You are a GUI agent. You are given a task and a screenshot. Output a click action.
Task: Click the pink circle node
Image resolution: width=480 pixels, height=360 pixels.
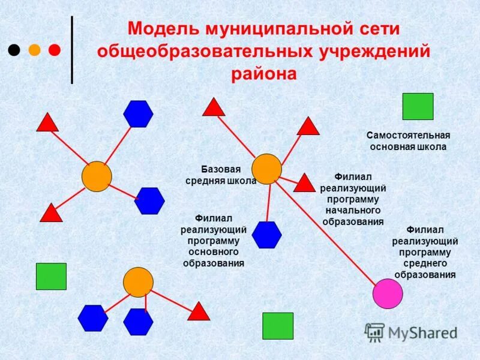(x=387, y=293)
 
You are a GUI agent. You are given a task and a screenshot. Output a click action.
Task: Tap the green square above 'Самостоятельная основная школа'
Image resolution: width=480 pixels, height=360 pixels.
(x=418, y=106)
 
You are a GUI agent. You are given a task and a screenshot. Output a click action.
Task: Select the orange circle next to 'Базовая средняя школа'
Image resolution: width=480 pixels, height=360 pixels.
(x=266, y=169)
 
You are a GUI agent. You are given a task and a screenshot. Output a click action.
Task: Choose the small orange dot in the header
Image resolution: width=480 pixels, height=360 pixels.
(x=34, y=50)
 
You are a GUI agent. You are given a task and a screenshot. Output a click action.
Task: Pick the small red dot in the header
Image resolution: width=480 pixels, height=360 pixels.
(x=54, y=50)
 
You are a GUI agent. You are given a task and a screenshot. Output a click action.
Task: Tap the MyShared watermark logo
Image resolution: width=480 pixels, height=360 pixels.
(x=410, y=332)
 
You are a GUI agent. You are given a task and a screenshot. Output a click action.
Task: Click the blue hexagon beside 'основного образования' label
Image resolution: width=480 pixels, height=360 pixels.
(x=266, y=235)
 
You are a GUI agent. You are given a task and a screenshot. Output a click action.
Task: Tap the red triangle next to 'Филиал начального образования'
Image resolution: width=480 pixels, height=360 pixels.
(x=304, y=183)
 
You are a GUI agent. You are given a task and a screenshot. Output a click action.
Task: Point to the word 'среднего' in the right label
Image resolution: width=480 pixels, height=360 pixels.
(x=425, y=263)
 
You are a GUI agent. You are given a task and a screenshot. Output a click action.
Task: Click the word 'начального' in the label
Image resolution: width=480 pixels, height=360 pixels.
(x=353, y=211)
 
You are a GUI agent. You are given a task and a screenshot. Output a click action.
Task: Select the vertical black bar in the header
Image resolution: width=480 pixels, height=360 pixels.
(x=72, y=50)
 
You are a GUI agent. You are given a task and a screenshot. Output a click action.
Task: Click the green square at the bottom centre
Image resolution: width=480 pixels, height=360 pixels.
(x=278, y=326)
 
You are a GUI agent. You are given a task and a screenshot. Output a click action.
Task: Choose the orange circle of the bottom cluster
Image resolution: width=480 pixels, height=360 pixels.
(x=138, y=282)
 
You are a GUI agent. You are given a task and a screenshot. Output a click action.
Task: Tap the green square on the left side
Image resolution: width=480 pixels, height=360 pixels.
(x=51, y=276)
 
